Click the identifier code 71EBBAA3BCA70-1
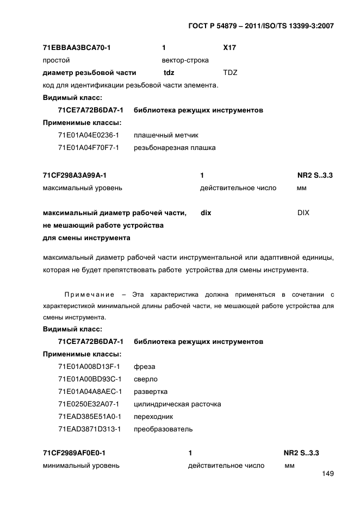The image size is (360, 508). (x=77, y=48)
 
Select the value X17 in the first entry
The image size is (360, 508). (x=229, y=48)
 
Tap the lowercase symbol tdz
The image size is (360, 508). (x=169, y=72)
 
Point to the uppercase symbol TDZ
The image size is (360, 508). (x=230, y=72)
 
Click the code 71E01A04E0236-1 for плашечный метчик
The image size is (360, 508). (x=89, y=135)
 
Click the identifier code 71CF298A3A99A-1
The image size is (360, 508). (x=75, y=175)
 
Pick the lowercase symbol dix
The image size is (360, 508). (x=206, y=213)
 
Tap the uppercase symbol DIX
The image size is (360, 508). (x=303, y=213)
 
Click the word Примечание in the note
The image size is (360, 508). (x=89, y=294)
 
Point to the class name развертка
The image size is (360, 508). (x=151, y=391)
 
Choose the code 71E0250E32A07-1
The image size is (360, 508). (x=89, y=404)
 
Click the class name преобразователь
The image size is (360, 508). (x=163, y=429)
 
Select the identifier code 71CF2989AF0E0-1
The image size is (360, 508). (x=74, y=453)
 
